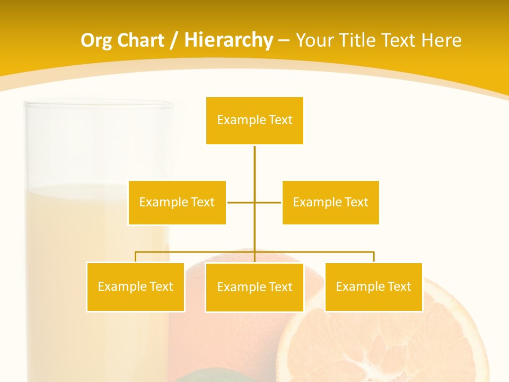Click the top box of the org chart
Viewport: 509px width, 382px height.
click(254, 120)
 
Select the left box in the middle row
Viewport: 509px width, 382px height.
click(177, 203)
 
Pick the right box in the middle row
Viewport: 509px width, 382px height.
click(330, 203)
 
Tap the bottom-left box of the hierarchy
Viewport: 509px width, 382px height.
click(136, 287)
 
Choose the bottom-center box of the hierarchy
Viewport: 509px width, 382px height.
click(254, 288)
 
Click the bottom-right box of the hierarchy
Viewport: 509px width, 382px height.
click(374, 287)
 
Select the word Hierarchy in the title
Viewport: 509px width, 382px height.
click(229, 40)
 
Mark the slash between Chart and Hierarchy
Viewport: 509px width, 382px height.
click(174, 41)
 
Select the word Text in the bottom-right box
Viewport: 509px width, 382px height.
click(399, 287)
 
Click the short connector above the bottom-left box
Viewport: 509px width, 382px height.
click(136, 257)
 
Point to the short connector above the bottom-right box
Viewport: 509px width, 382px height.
click(374, 257)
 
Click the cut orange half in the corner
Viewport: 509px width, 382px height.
click(382, 340)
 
